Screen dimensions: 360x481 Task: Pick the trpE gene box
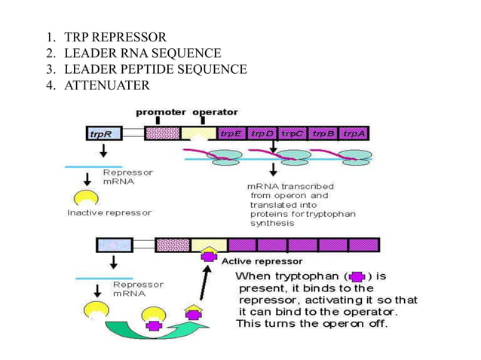pos(231,134)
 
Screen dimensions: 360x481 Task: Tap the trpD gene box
pos(263,134)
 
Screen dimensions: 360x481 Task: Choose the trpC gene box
pos(293,134)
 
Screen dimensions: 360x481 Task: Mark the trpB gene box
pos(323,134)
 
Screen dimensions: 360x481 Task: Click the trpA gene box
pos(354,134)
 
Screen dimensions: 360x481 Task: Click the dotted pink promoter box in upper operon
pos(162,134)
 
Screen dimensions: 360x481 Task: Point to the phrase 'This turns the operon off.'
pos(311,324)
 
